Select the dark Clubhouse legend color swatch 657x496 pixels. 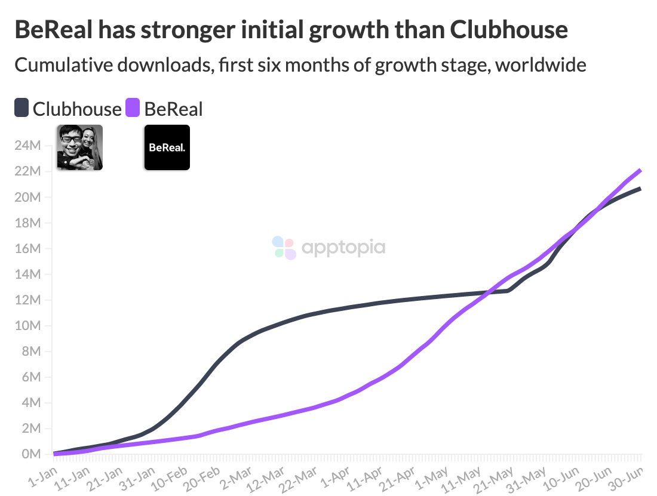[22, 108]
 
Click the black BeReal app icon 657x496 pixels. [167, 147]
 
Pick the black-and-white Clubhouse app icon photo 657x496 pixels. [79, 147]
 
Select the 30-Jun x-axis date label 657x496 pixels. [631, 477]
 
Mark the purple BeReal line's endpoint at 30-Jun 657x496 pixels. [640, 170]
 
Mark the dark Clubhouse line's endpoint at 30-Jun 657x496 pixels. [640, 189]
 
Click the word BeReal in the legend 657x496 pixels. [174, 109]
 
